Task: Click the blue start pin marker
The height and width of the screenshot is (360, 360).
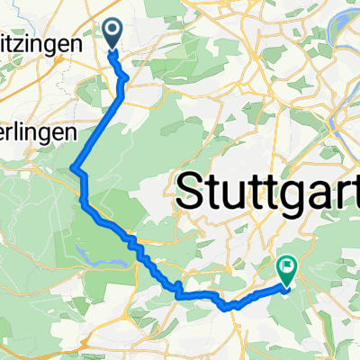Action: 113,34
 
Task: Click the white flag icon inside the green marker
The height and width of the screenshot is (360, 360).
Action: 287,265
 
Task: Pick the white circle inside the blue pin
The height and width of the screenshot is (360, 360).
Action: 113,31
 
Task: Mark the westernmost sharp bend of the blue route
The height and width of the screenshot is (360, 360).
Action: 73,168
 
